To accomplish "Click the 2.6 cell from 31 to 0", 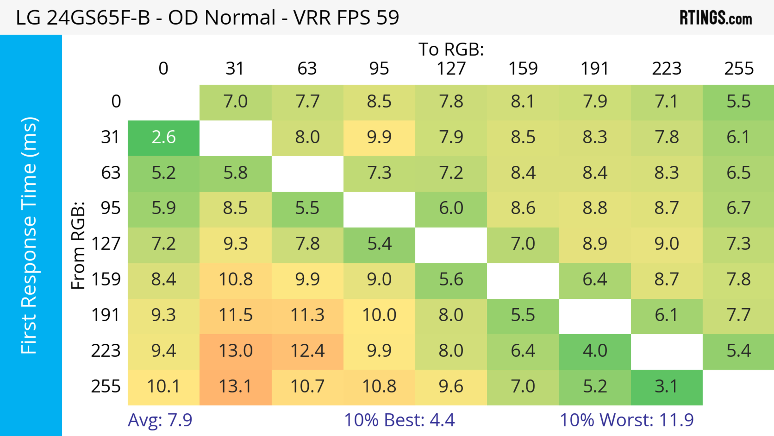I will tap(163, 137).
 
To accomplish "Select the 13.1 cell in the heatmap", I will tap(235, 386).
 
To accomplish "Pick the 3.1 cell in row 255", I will tap(666, 386).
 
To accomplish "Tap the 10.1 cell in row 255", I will tap(163, 386).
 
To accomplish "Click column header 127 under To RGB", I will tap(451, 69).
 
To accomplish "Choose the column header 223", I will tap(666, 69).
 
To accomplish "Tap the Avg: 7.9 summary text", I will tap(160, 420).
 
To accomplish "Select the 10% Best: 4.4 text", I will tap(399, 420).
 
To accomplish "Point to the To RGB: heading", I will tap(451, 49).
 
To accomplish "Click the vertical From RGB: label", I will tap(78, 245).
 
